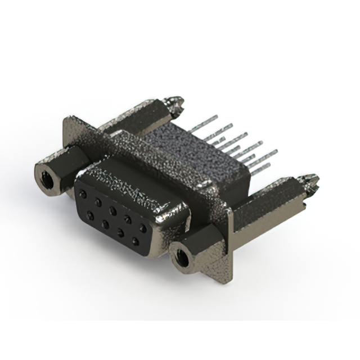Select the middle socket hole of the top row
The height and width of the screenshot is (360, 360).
pos(113,210)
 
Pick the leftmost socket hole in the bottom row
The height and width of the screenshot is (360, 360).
pos(90,215)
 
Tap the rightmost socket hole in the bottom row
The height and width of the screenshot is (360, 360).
pos(135,241)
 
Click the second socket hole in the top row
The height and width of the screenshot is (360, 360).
pos(98,202)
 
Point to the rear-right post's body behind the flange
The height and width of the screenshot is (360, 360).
pos(264,208)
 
